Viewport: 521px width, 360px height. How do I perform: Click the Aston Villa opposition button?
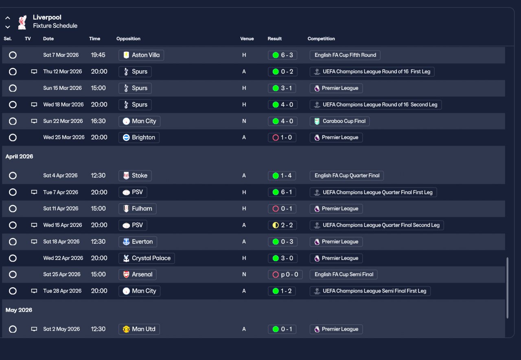coord(141,55)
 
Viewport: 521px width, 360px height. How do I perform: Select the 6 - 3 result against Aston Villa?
coord(282,55)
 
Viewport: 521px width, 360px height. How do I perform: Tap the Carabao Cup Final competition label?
coord(339,121)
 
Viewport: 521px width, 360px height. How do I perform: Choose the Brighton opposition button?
coord(139,137)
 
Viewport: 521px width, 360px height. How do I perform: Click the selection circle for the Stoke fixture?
coord(13,176)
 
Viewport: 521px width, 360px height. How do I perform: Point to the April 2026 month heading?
coord(19,157)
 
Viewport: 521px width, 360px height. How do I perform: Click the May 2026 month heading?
coord(19,310)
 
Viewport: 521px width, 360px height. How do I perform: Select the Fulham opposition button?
coord(137,209)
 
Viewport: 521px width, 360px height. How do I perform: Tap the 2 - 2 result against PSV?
coord(282,225)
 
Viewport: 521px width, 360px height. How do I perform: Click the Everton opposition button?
coord(138,242)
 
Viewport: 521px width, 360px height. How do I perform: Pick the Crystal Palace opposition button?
coord(147,258)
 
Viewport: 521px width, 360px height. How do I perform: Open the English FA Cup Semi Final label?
coord(344,275)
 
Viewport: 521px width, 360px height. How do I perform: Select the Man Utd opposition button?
coord(139,329)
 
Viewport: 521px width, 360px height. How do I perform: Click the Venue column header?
coord(247,39)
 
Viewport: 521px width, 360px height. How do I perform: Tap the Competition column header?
coord(321,39)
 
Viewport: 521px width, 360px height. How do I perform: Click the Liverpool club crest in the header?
coord(22,22)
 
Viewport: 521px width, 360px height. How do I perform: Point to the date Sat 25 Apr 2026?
coord(62,275)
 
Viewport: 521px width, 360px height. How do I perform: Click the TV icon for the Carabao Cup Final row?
coord(34,121)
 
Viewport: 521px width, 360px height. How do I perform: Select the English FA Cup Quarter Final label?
coord(346,176)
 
